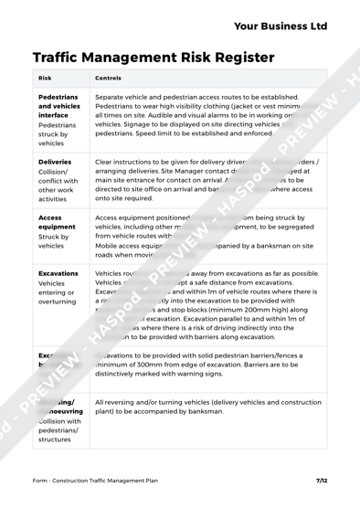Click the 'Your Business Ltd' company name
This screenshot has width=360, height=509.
pos(280,27)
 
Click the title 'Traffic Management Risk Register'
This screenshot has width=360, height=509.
pos(153,57)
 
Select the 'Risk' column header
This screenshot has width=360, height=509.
pos(45,79)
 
